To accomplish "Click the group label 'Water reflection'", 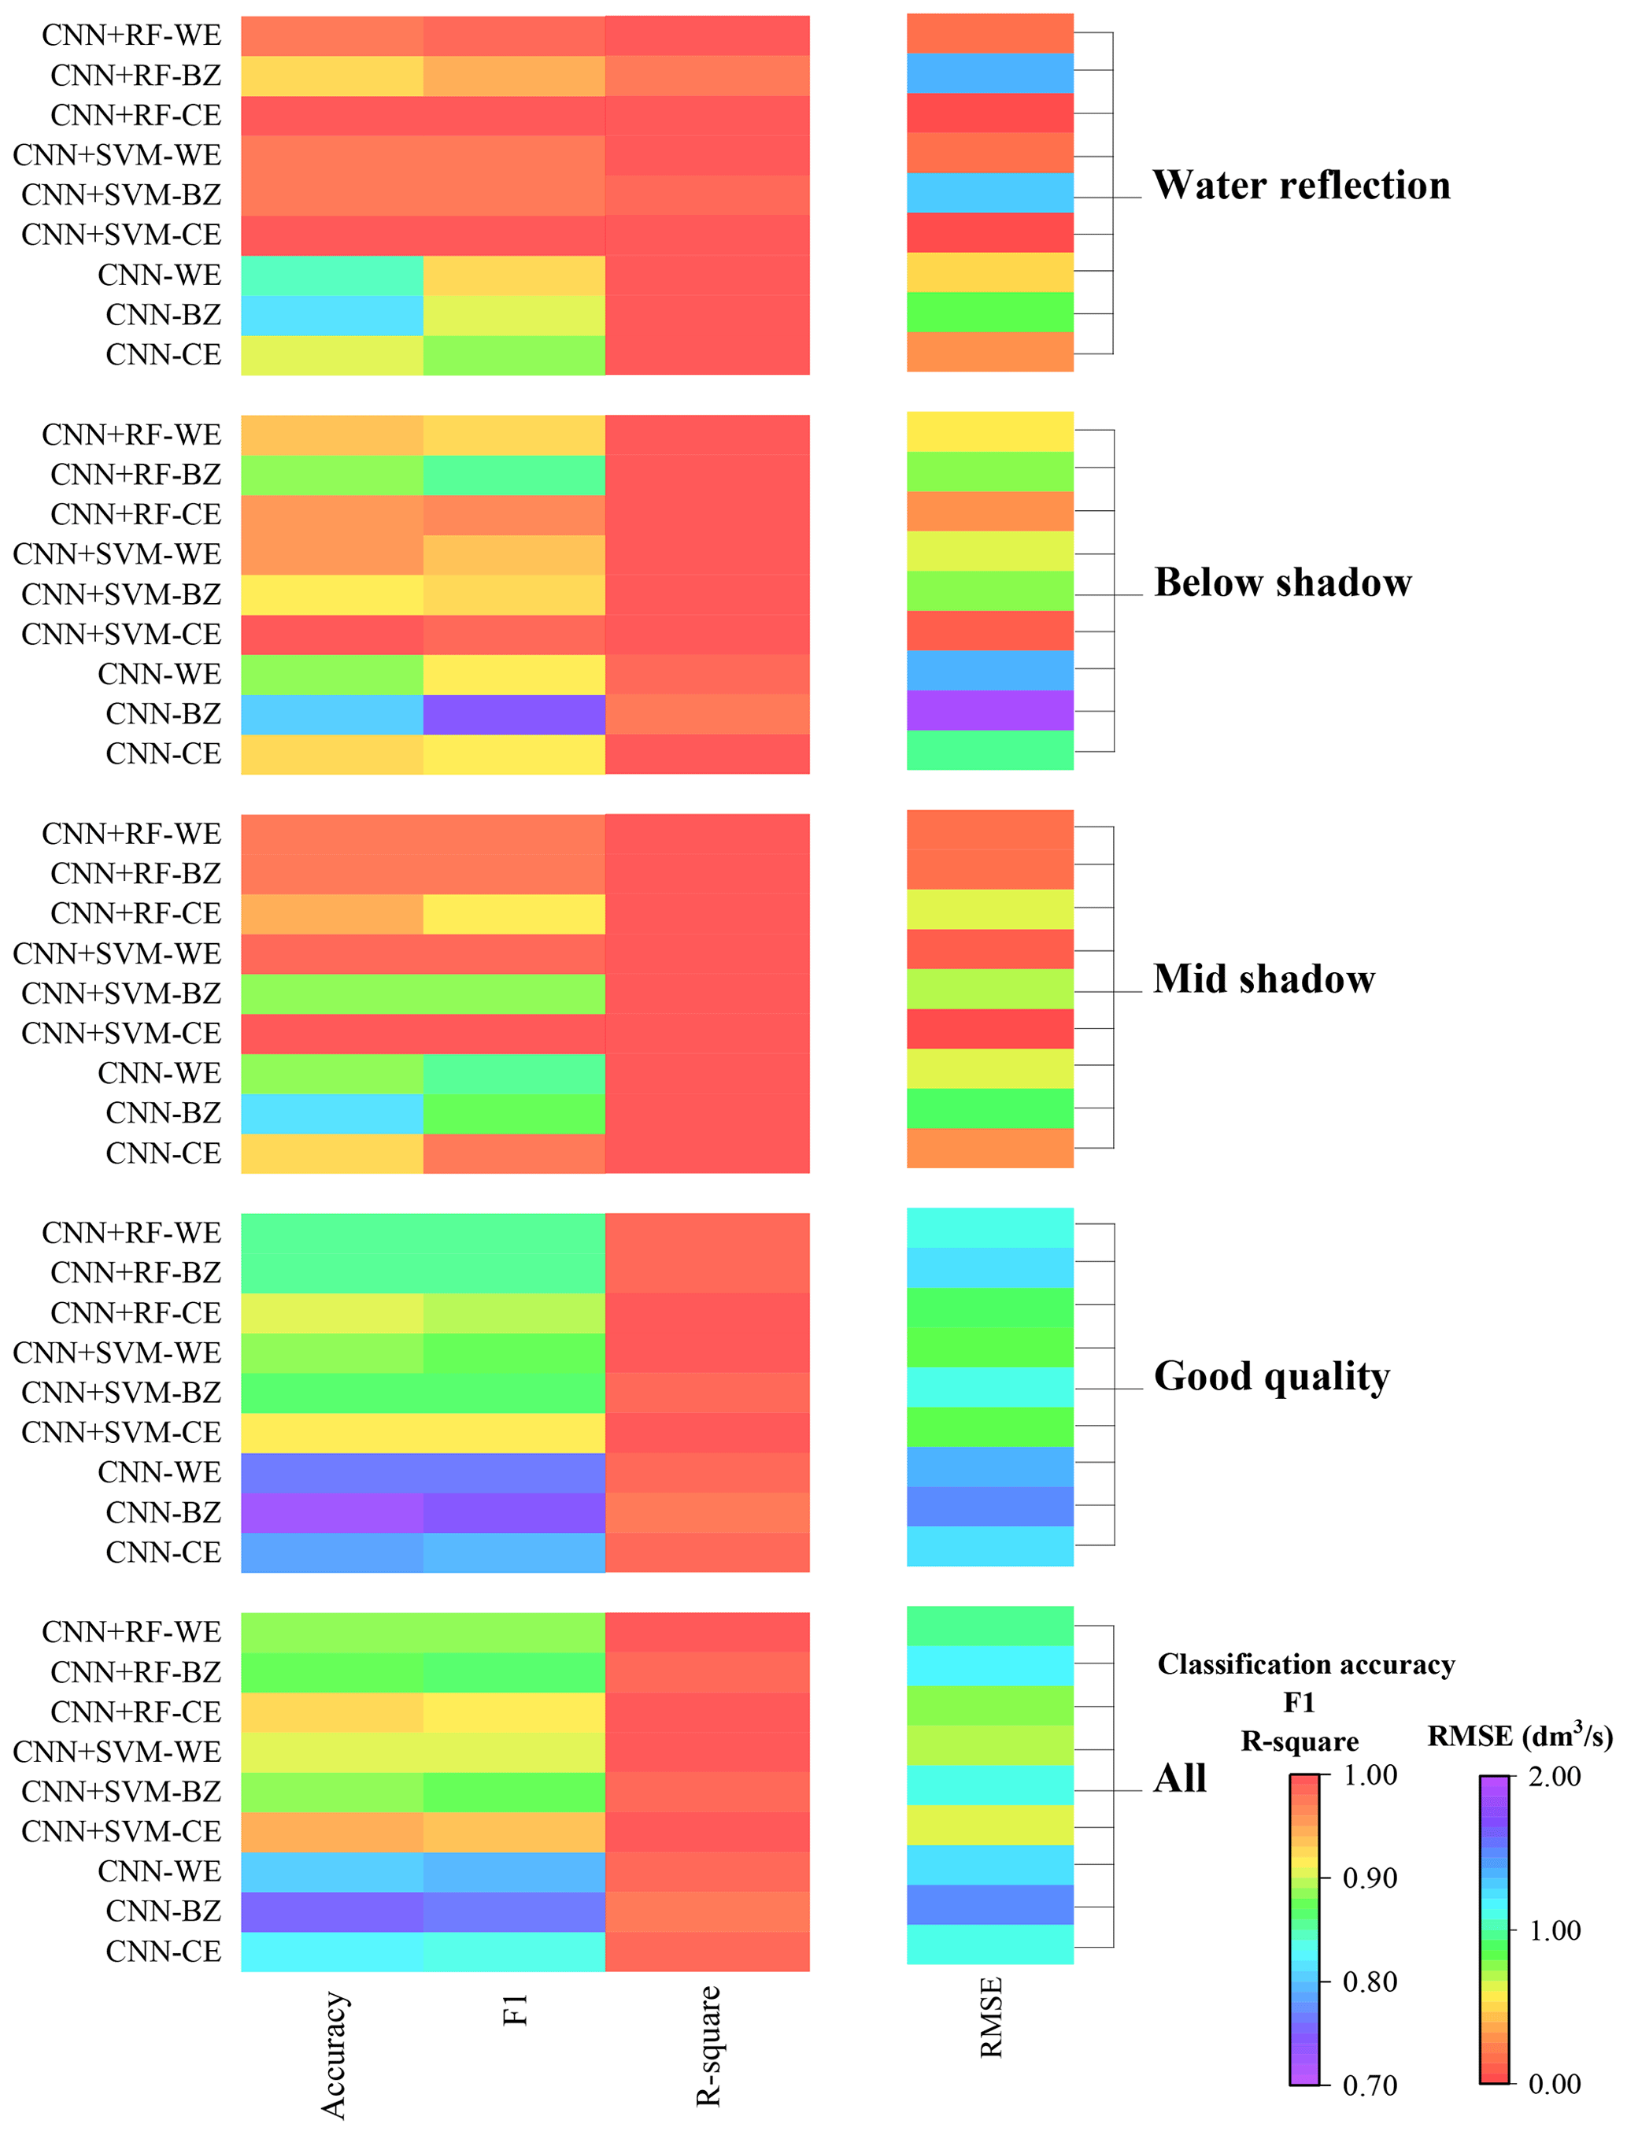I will pyautogui.click(x=1300, y=185).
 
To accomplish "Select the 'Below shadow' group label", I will pyautogui.click(x=1282, y=583).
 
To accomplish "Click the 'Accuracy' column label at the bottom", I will pyautogui.click(x=333, y=2055).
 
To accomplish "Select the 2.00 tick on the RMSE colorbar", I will pyautogui.click(x=1553, y=1777).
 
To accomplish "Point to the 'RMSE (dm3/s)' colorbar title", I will pyautogui.click(x=1519, y=1736).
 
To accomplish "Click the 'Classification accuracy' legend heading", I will pyautogui.click(x=1306, y=1664).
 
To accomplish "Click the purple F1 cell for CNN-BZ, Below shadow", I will pyautogui.click(x=514, y=715).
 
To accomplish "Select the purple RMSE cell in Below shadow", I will pyautogui.click(x=989, y=710).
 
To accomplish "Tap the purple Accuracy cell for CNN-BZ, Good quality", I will pyautogui.click(x=332, y=1512).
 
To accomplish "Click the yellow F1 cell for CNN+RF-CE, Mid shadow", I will pyautogui.click(x=514, y=913).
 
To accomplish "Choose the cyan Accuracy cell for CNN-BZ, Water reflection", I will pyautogui.click(x=332, y=315).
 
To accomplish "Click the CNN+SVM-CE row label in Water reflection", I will pyautogui.click(x=121, y=235).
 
